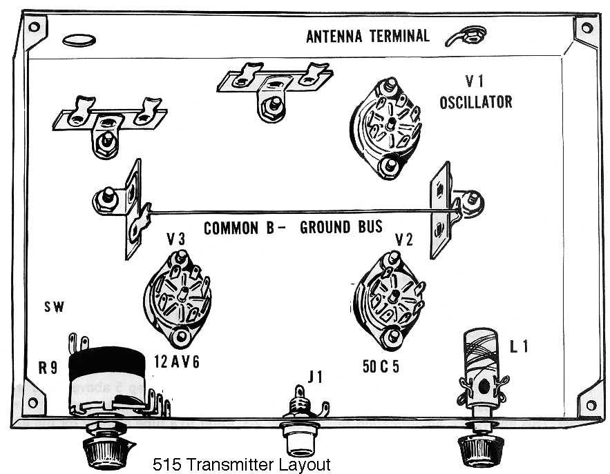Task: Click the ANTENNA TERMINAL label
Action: (368, 36)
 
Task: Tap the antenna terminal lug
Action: (464, 34)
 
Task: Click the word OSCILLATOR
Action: (476, 102)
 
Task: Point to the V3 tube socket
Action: (179, 298)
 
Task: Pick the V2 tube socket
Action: (389, 297)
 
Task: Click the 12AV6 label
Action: (178, 362)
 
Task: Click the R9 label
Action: (48, 368)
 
